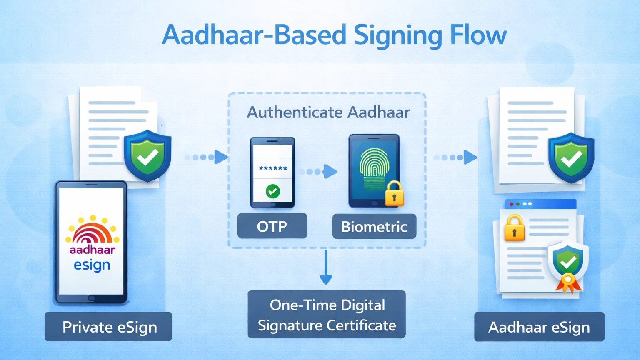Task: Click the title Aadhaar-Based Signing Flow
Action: tap(334, 35)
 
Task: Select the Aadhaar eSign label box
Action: tap(539, 327)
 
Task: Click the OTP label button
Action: tap(272, 226)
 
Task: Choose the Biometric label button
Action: tap(374, 227)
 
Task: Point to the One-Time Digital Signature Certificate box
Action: tap(327, 315)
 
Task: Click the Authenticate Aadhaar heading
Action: tap(328, 112)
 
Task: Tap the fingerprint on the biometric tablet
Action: tap(374, 169)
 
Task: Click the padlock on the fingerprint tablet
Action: tap(394, 194)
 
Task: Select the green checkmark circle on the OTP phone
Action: tap(273, 191)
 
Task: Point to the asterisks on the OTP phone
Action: tap(273, 169)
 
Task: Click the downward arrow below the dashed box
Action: tap(326, 268)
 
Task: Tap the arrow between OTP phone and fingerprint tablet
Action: tap(321, 171)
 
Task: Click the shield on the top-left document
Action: tap(147, 156)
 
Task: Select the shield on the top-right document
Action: tap(571, 158)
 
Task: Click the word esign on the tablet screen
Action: tap(92, 265)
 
